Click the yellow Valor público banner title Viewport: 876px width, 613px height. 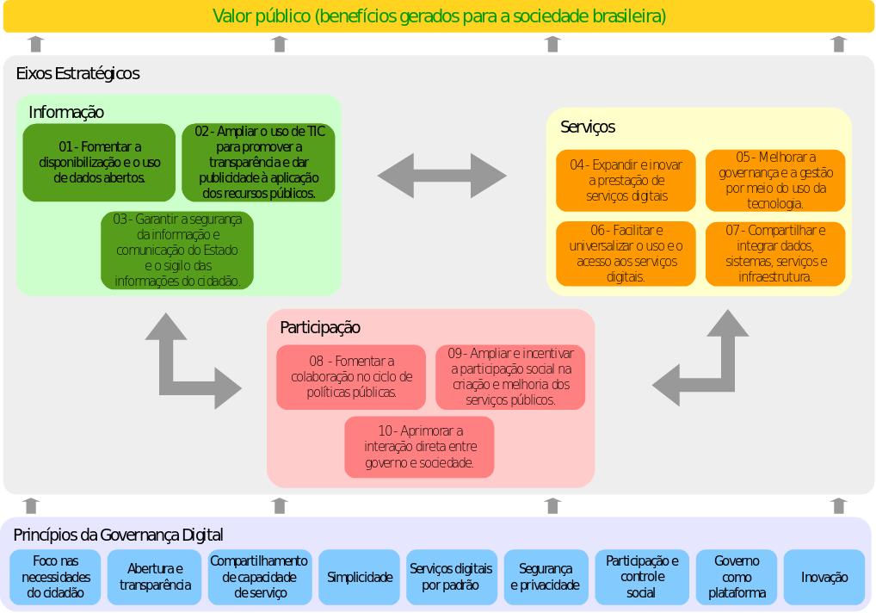pos(439,16)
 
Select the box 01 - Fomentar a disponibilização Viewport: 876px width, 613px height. pos(99,163)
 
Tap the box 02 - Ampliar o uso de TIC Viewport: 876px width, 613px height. pos(258,163)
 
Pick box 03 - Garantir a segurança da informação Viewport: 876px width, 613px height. pos(177,251)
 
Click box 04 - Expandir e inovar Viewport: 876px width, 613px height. pos(626,181)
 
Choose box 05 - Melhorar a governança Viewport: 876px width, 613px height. pos(775,181)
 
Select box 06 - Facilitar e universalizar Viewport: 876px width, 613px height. pos(626,254)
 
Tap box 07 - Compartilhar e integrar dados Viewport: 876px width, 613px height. pos(775,254)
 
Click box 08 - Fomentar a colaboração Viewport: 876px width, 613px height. pos(351,377)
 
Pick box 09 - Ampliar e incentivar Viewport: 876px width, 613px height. pos(510,377)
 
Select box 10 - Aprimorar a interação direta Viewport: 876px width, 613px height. pos(419,447)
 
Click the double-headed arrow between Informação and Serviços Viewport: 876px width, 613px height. pos(442,176)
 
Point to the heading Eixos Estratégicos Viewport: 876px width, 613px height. pos(77,74)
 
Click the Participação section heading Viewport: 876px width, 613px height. pos(320,328)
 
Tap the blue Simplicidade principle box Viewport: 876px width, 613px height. pos(360,578)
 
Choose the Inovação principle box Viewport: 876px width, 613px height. pos(824,578)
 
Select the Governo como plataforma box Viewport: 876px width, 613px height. pos(737,578)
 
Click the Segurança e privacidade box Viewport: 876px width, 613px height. pos(545,578)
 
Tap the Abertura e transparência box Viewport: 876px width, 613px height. pos(155,578)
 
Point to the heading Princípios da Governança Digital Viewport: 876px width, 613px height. pos(118,535)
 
